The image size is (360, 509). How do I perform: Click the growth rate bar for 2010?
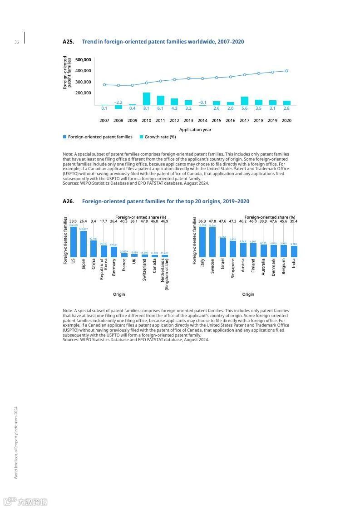[x=146, y=99]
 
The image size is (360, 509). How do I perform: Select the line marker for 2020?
[x=286, y=71]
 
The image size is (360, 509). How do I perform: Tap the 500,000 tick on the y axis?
[x=83, y=60]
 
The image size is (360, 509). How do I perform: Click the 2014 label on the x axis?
[x=202, y=121]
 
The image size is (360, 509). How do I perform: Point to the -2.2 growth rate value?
[x=118, y=103]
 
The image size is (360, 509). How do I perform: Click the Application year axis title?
[x=195, y=130]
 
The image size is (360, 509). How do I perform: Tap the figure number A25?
[x=68, y=42]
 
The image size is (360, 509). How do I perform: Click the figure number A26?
[x=68, y=201]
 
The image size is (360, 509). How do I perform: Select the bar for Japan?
[x=84, y=244]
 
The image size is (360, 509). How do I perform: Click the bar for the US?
[x=73, y=242]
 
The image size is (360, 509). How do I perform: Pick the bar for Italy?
[x=202, y=242]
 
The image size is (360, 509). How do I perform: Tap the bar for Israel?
[x=223, y=248]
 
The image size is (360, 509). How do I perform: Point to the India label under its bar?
[x=294, y=263]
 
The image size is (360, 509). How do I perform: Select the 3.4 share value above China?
[x=94, y=221]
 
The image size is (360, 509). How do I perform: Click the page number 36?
[x=16, y=42]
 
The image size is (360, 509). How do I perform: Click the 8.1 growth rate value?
[x=146, y=108]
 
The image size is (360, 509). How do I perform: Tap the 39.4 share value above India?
[x=294, y=221]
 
